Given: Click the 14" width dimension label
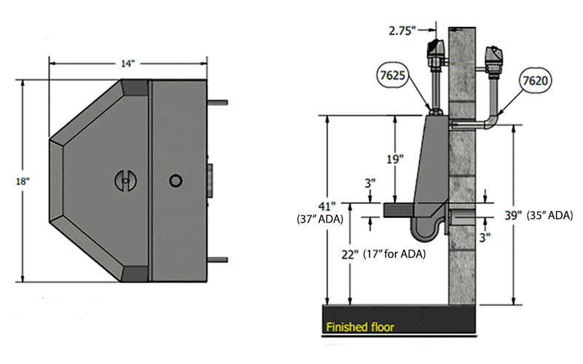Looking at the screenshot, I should tap(128, 63).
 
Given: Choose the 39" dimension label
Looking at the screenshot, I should tap(512, 215).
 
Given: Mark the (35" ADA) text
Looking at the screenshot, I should tap(547, 215).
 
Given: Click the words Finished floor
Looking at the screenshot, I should tap(359, 328).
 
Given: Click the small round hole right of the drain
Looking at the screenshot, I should tap(175, 179).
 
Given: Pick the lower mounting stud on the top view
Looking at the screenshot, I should tap(220, 259).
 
